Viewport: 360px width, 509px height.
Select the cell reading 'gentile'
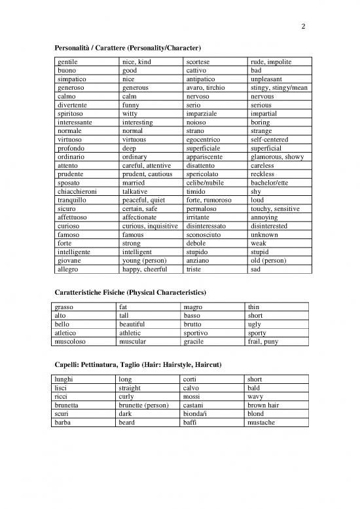[69, 62]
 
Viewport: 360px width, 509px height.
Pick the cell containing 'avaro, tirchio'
[206, 87]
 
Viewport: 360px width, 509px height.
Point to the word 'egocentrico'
[204, 140]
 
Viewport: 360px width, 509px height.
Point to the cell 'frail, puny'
[262, 341]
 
